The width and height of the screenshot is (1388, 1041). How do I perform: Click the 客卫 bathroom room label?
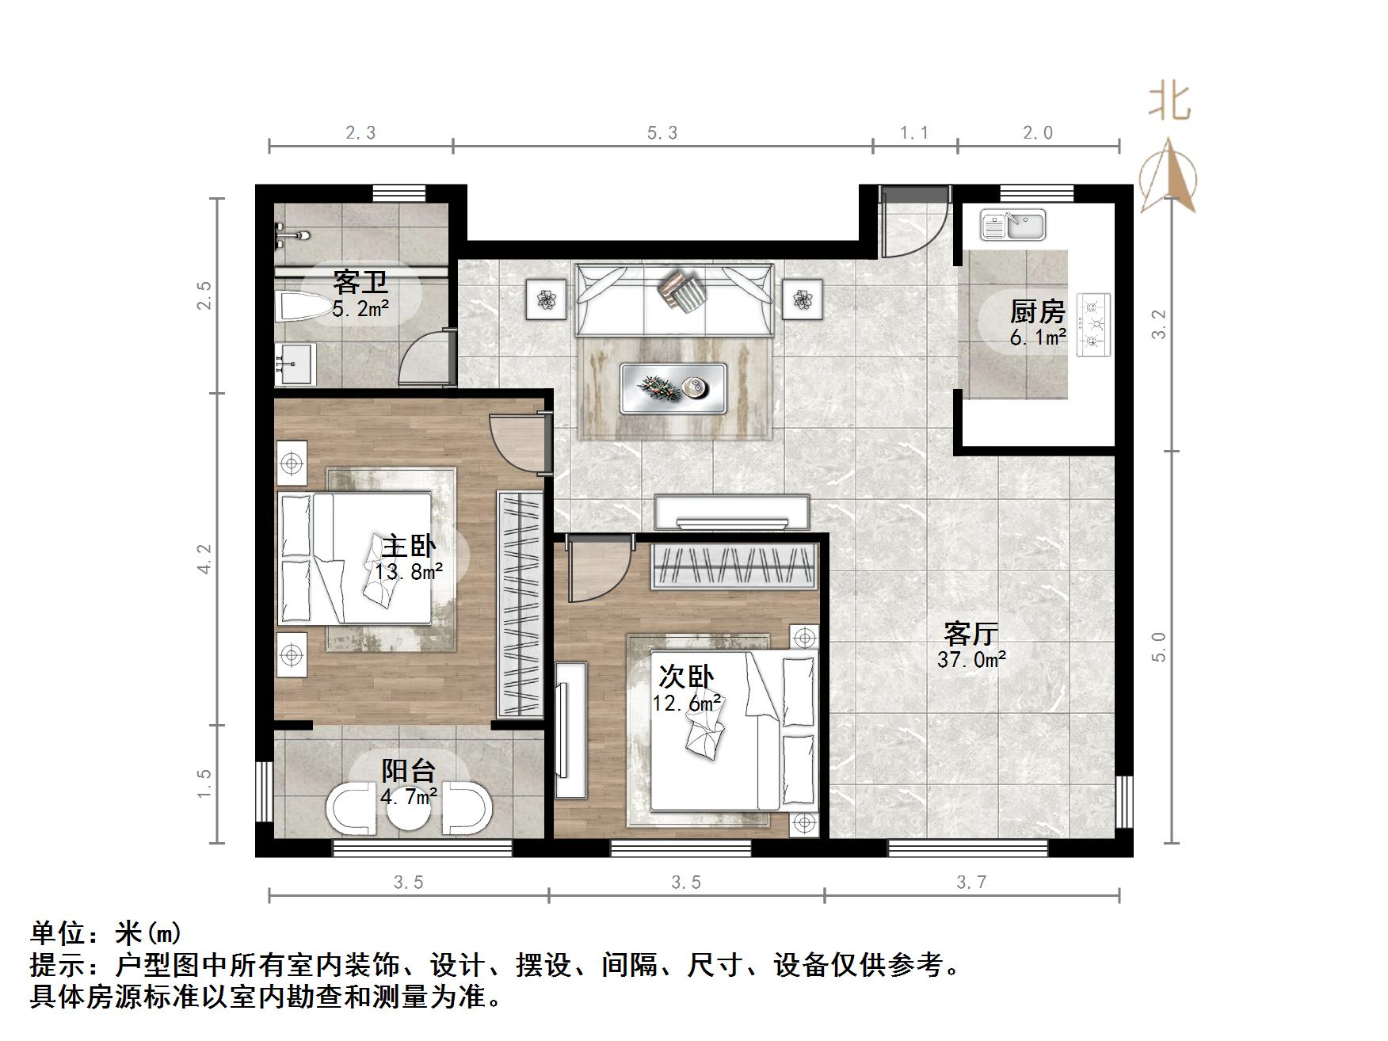360,282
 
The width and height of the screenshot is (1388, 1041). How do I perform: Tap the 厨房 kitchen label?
1037,312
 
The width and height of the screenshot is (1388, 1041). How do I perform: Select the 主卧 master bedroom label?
409,547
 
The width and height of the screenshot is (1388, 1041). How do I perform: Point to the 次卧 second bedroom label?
686,677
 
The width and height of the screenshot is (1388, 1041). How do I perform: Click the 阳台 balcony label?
409,771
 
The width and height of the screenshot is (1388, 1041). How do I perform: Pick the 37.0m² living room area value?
971,659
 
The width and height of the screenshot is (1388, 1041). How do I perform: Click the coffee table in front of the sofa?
673,388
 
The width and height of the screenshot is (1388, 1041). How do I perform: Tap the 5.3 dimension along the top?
662,133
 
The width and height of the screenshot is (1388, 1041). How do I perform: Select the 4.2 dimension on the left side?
205,558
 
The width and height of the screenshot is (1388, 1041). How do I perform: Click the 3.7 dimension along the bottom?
971,883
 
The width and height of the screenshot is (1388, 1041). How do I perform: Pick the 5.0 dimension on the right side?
1159,646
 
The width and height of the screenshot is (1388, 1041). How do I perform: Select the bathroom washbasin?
295,364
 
